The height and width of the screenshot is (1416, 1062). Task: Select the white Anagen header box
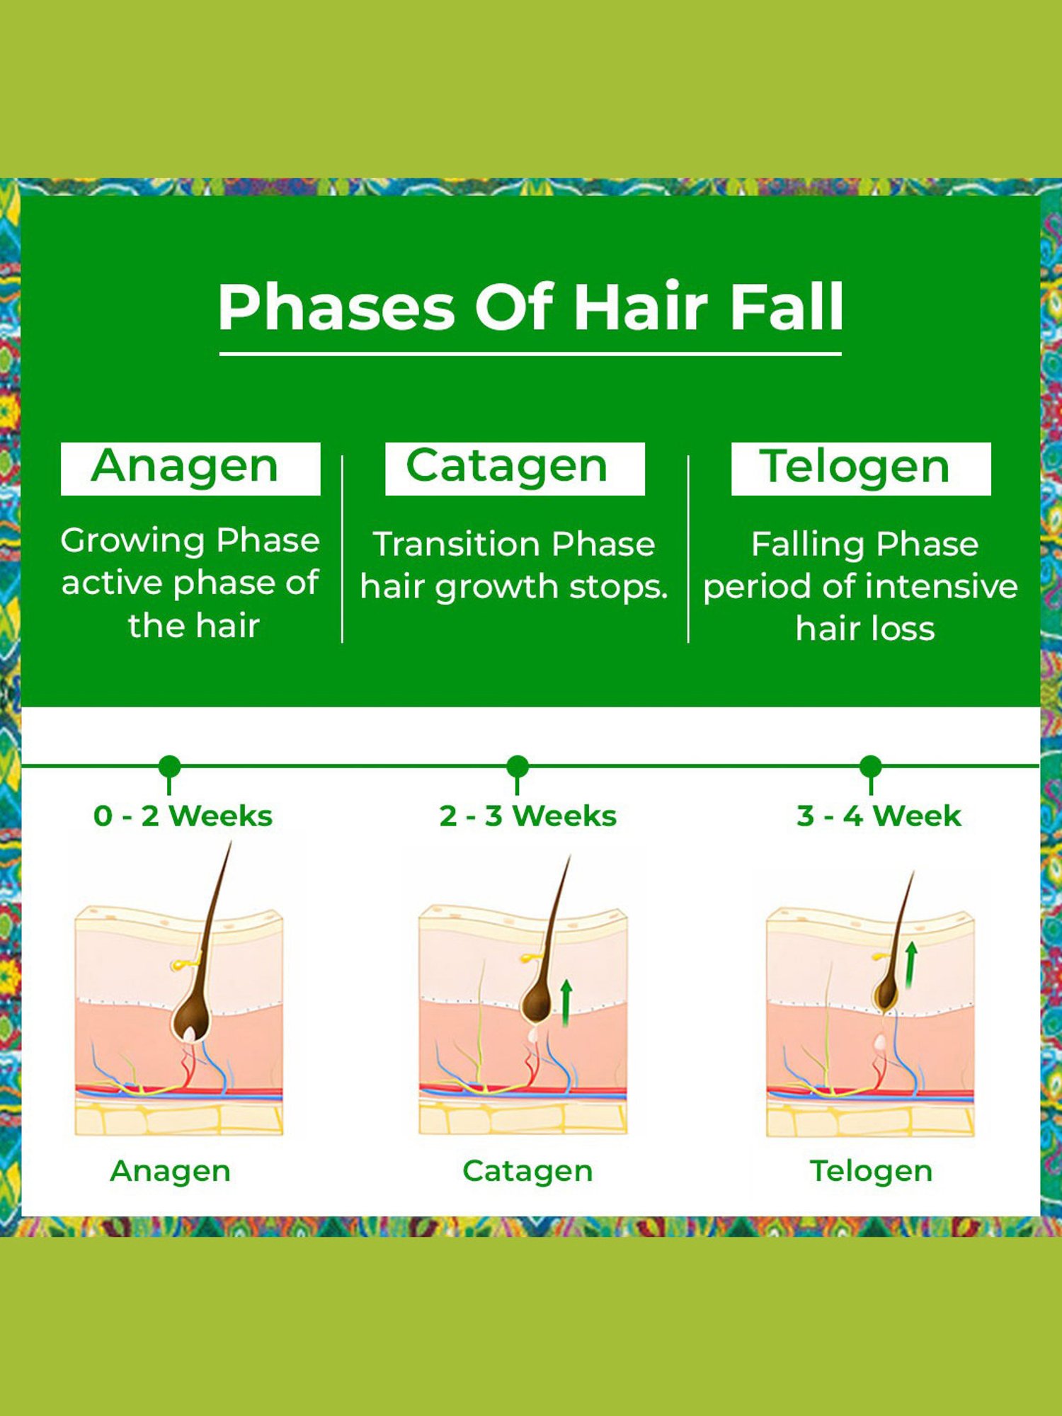(x=190, y=468)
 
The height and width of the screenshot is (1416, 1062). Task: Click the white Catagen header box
(x=515, y=468)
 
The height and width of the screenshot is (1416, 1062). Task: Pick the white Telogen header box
(x=861, y=468)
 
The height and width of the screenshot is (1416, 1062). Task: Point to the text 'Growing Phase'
(x=190, y=540)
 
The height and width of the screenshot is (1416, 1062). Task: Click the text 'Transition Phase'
(x=514, y=544)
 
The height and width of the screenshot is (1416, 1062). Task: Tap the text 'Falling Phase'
(x=864, y=544)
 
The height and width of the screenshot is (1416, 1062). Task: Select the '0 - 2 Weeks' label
(x=183, y=816)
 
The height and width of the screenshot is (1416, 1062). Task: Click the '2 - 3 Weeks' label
(x=527, y=816)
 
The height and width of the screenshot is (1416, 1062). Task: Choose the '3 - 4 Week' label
(x=879, y=816)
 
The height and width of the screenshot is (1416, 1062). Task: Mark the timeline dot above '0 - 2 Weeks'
(x=169, y=766)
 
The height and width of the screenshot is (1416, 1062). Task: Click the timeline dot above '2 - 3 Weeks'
(x=518, y=766)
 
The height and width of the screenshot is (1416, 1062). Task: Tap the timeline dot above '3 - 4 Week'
(x=870, y=766)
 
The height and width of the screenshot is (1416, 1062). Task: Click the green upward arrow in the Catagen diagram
(x=566, y=1002)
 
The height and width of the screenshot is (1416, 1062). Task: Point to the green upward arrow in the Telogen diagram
(x=910, y=964)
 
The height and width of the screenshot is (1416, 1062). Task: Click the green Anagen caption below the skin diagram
(x=170, y=1171)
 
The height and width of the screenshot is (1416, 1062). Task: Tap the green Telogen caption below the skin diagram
(x=871, y=1171)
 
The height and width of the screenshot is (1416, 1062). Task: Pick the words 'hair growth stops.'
(x=514, y=587)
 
